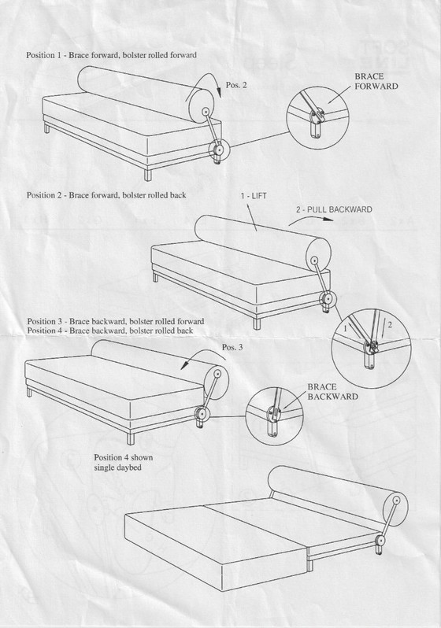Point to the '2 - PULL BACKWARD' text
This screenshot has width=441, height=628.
[334, 209]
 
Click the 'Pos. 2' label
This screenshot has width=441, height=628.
[235, 84]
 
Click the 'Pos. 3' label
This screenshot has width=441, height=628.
[233, 347]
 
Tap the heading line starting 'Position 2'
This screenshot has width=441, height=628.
[106, 194]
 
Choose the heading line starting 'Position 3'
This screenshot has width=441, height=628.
[115, 321]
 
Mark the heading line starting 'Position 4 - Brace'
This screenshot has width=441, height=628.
[109, 330]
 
